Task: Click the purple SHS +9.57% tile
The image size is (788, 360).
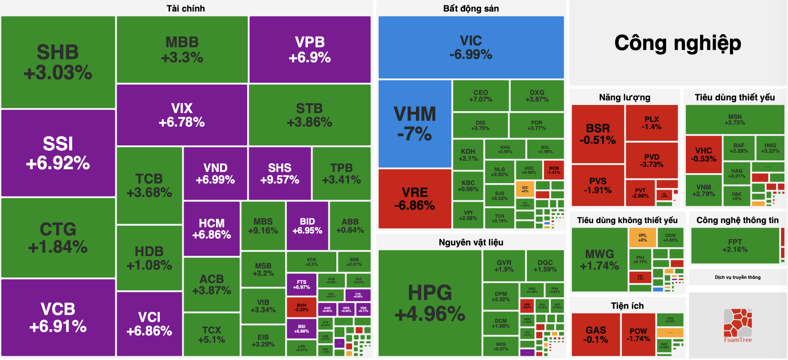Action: [279, 173]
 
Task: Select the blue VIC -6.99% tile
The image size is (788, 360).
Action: [471, 47]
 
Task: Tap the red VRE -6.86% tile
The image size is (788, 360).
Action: [414, 199]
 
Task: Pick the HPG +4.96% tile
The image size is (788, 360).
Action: [430, 303]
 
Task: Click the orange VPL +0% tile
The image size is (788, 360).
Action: [642, 237]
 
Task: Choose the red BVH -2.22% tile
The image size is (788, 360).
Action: [301, 307]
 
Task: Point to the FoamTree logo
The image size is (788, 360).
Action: [738, 325]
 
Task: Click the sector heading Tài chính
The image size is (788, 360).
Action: [186, 8]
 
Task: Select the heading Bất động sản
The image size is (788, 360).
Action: [471, 8]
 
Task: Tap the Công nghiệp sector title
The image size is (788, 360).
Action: [678, 43]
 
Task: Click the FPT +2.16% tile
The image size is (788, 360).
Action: [735, 245]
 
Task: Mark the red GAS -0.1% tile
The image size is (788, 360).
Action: [595, 335]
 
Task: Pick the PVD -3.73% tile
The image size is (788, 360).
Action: [652, 160]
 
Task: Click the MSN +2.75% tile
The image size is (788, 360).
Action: [735, 119]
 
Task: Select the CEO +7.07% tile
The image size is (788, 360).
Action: [480, 96]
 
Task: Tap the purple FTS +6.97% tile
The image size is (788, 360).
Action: [301, 284]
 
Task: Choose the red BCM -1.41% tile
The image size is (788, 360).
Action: [554, 170]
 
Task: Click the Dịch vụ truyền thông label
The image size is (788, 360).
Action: [737, 277]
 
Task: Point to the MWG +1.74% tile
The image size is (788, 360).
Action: [599, 260]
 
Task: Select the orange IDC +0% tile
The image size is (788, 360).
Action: [525, 189]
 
